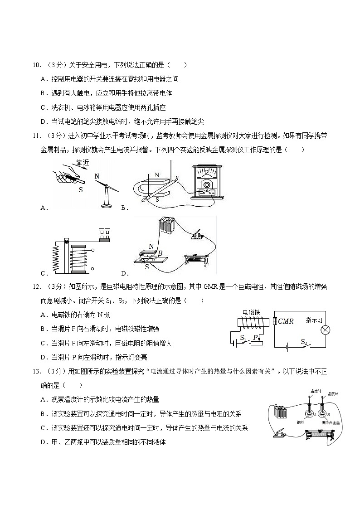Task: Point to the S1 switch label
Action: (x=243, y=338)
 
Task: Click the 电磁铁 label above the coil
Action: (x=251, y=312)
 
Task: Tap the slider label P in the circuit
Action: (x=255, y=337)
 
